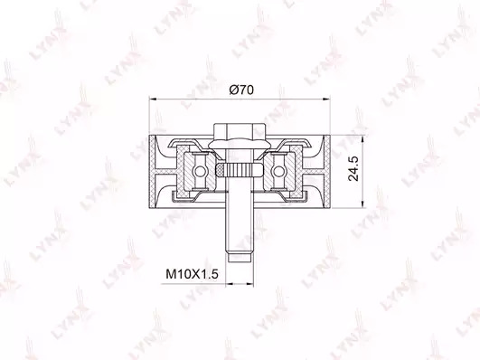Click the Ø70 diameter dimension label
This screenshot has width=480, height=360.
[241, 90]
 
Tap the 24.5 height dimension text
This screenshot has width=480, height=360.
[353, 168]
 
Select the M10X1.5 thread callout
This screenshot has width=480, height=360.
[192, 274]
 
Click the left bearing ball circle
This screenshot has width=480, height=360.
[199, 172]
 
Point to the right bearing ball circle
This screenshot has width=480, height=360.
[278, 172]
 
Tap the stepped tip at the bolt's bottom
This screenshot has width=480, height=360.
[240, 257]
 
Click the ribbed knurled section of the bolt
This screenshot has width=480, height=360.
[238, 170]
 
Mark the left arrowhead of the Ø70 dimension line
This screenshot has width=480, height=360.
[153, 99]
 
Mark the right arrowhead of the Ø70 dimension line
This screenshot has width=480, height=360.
[327, 99]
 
